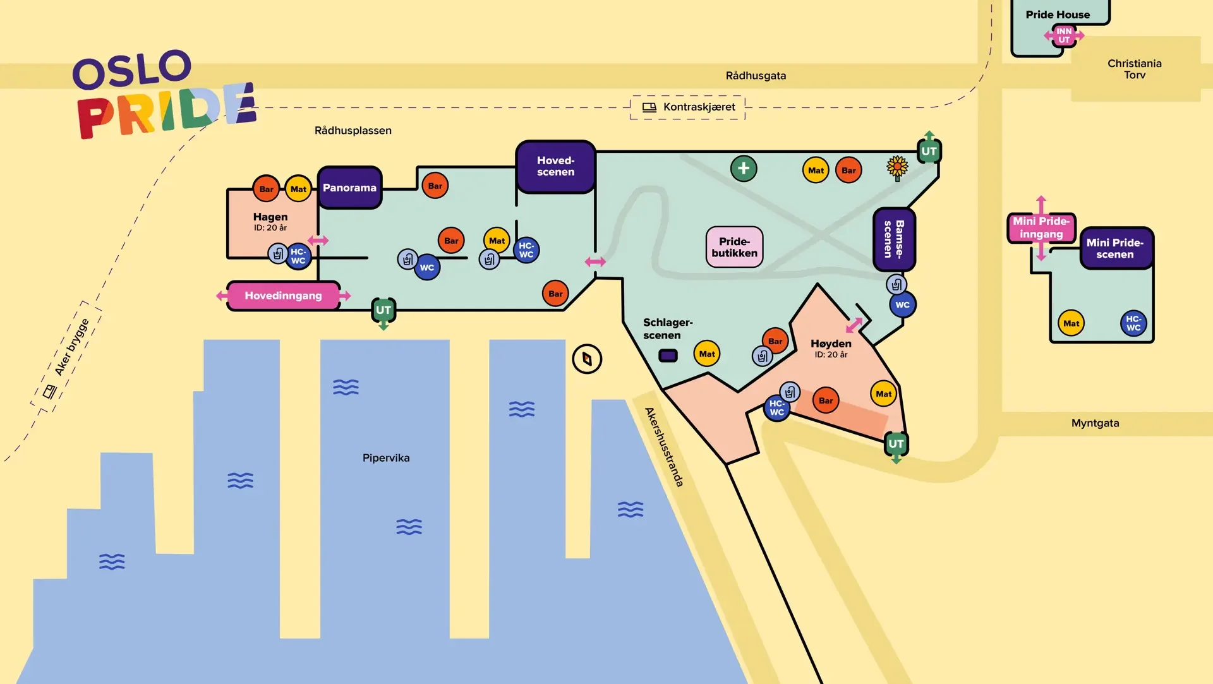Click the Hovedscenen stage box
point(556,167)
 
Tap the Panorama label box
point(349,188)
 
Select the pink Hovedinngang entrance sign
point(283,296)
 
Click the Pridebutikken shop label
point(734,247)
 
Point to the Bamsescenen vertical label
point(894,239)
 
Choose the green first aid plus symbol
point(744,169)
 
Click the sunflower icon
point(897,168)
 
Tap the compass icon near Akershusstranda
point(587,359)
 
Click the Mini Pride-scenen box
point(1115,248)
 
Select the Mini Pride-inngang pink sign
point(1041,227)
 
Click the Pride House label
point(1058,15)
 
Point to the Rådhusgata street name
point(756,76)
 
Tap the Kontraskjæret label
point(699,107)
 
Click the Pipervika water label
point(386,458)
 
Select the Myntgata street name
point(1095,423)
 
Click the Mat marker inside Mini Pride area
point(1071,323)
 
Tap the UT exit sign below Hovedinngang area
point(383,310)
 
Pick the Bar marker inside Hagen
point(266,189)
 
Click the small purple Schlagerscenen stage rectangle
point(668,356)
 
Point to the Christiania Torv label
point(1134,69)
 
